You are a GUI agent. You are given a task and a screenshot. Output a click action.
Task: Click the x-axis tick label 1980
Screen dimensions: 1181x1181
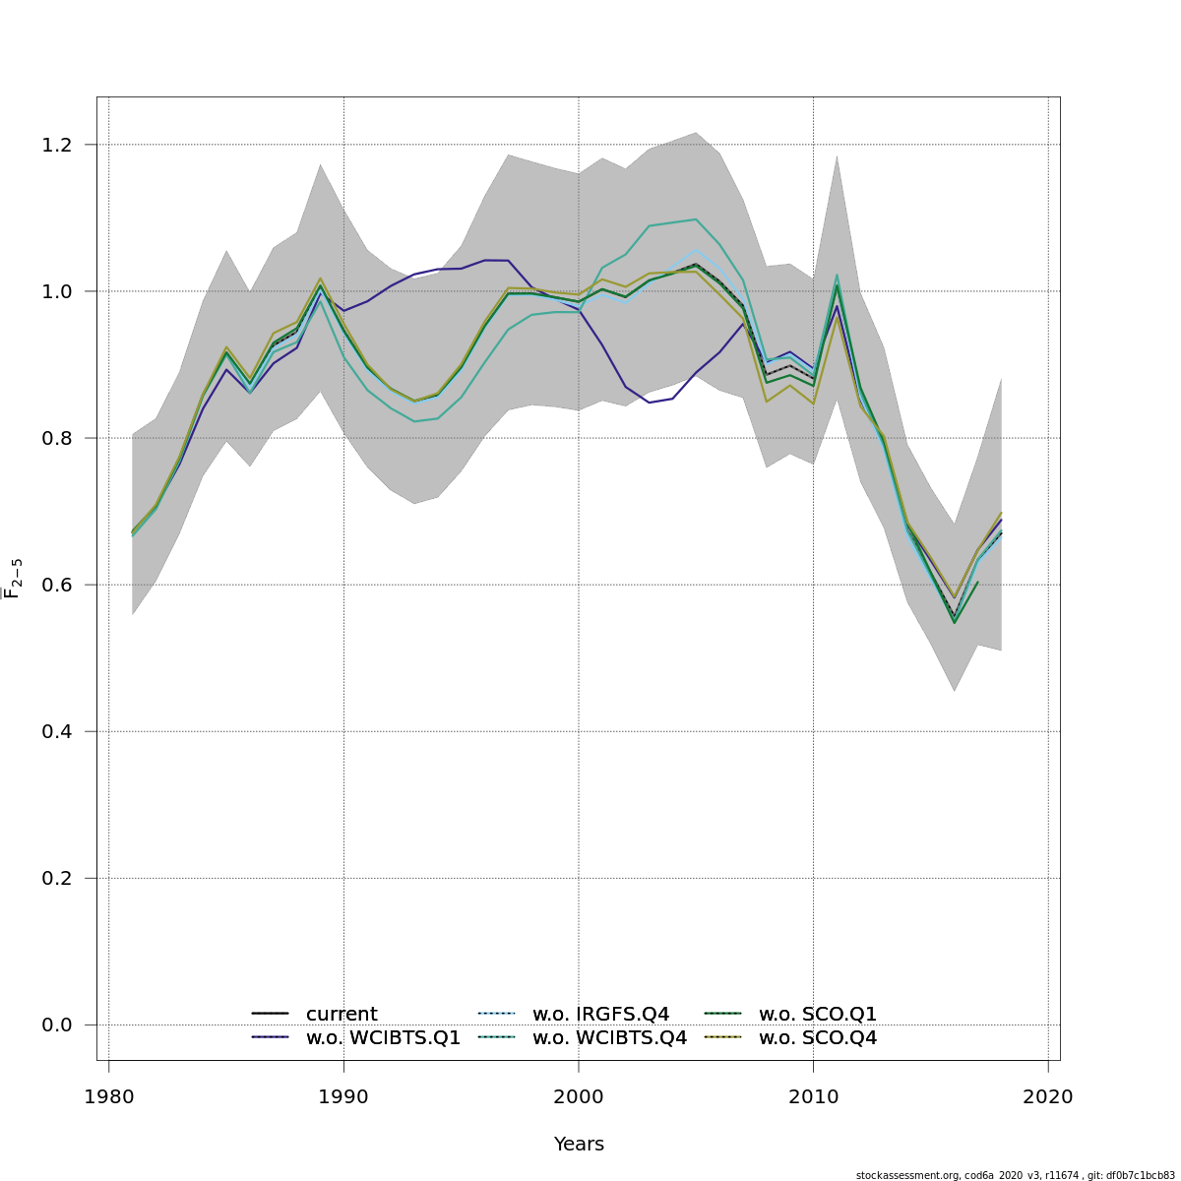click(x=108, y=1096)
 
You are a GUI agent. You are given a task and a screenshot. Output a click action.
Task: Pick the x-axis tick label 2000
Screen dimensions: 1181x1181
click(x=579, y=1096)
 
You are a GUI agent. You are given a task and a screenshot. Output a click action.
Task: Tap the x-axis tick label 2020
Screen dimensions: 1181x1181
click(x=1048, y=1096)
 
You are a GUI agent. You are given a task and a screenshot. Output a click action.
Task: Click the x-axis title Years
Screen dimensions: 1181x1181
click(x=579, y=1144)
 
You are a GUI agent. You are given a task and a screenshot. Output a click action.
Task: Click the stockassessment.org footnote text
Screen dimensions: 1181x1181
click(x=1015, y=1175)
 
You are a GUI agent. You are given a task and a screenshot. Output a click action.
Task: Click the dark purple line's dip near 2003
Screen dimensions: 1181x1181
click(x=650, y=402)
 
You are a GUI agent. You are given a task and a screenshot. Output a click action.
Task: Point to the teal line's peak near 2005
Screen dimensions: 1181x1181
click(x=696, y=219)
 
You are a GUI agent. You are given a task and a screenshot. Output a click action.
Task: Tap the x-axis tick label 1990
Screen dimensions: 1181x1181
click(x=343, y=1096)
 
